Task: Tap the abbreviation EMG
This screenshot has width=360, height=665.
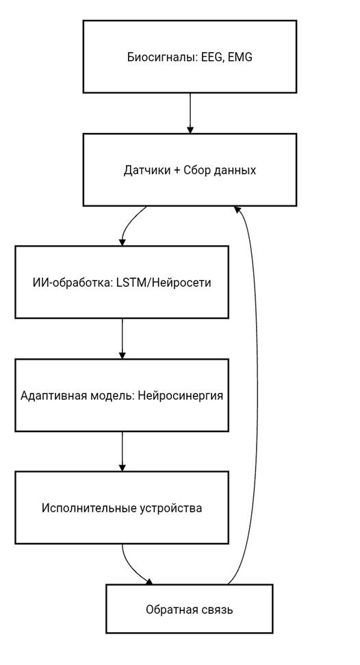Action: [x=240, y=57]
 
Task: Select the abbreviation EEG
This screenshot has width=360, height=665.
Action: [x=211, y=58]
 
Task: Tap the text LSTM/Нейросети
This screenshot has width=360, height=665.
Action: [x=164, y=282]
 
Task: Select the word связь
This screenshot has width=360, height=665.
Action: [x=217, y=610]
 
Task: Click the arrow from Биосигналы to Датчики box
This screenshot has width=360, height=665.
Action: [x=190, y=113]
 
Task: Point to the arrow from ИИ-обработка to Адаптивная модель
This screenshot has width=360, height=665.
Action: [x=122, y=339]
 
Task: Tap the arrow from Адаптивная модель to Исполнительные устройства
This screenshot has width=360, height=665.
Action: [x=122, y=451]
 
